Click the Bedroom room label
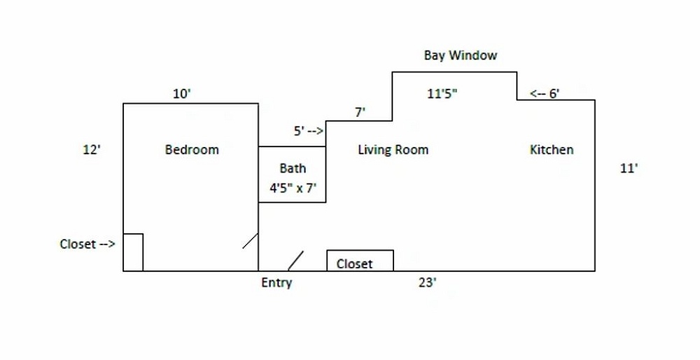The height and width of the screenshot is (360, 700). pyautogui.click(x=192, y=150)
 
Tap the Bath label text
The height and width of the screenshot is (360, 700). pyautogui.click(x=293, y=168)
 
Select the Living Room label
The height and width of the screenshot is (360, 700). pyautogui.click(x=393, y=150)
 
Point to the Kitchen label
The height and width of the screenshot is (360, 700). pyautogui.click(x=552, y=150)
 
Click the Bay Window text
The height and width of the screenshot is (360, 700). pyautogui.click(x=461, y=55)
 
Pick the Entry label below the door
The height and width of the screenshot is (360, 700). pyautogui.click(x=276, y=283)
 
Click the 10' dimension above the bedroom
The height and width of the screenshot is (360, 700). pyautogui.click(x=181, y=94)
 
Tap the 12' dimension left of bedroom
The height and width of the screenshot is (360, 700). pyautogui.click(x=92, y=150)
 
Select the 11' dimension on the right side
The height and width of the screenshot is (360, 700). pyautogui.click(x=629, y=168)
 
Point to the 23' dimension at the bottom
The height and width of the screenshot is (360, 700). pyautogui.click(x=428, y=282)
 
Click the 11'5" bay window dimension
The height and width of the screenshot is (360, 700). pyautogui.click(x=442, y=94)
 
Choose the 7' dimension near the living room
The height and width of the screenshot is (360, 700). pyautogui.click(x=360, y=112)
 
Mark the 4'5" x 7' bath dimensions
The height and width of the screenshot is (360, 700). pyautogui.click(x=294, y=188)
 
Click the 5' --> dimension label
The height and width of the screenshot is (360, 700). pyautogui.click(x=308, y=131)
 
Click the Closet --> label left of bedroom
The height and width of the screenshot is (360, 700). pyautogui.click(x=87, y=244)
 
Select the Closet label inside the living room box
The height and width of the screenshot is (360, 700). pyautogui.click(x=354, y=264)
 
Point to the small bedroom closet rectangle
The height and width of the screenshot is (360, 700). pyautogui.click(x=133, y=252)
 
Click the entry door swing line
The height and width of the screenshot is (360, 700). pyautogui.click(x=295, y=261)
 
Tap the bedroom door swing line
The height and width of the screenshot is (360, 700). pyautogui.click(x=251, y=241)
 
